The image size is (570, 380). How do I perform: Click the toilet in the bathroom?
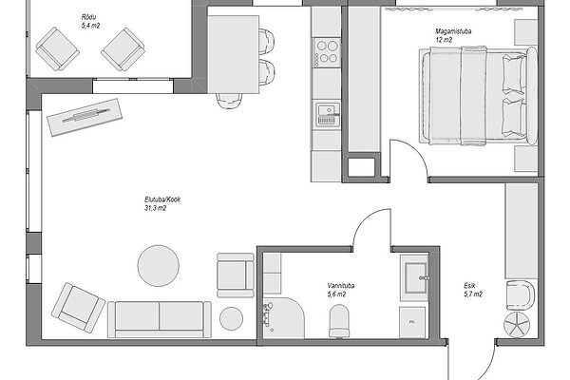coord(339,321)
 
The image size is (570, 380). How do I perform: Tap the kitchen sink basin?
coord(328,115)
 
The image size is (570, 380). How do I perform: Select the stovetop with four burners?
coord(327,52)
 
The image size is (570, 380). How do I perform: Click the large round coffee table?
coord(158,266)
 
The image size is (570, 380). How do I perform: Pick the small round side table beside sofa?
coord(231,319)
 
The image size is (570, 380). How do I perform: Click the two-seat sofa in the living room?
coord(160,319)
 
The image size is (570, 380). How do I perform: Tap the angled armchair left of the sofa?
coord(78,308)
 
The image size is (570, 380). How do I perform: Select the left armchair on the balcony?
coord(57,49)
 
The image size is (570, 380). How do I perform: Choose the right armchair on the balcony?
coord(123,49)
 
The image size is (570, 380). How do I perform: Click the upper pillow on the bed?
coord(513,74)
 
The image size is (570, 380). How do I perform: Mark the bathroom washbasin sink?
coord(415,277)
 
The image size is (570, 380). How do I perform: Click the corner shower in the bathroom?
coord(283,318)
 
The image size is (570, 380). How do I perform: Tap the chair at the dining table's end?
coord(229,101)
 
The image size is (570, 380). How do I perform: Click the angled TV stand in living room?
coord(85,117)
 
